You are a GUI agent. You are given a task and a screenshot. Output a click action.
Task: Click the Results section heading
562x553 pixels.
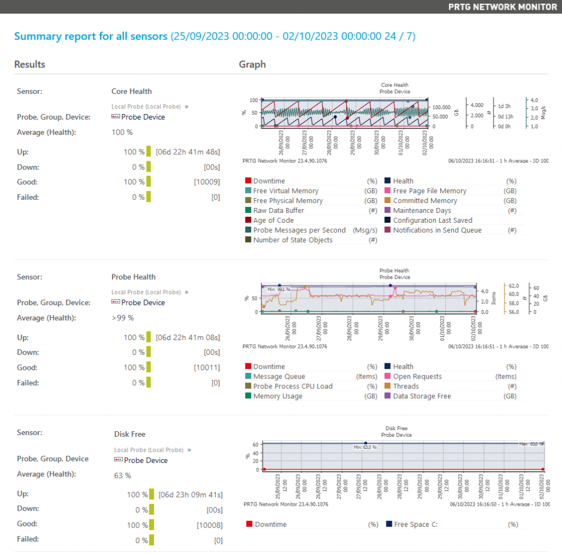coord(30,64)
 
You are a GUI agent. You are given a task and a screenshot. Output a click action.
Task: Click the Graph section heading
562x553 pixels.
coord(252,64)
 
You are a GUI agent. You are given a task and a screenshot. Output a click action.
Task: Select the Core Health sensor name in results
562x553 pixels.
coord(131,91)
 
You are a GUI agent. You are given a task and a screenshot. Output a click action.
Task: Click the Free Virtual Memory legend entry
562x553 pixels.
coord(285,191)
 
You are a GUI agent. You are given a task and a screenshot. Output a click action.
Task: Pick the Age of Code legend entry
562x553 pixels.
coord(273,221)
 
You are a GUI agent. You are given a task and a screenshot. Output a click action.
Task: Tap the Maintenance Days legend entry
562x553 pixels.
coord(421,211)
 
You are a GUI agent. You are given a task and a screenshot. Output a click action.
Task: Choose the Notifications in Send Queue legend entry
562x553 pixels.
coord(437,230)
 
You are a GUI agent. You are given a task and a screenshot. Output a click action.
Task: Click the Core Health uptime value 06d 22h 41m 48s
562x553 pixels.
coord(188,152)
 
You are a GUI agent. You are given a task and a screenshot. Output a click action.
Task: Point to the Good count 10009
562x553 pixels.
coord(207,182)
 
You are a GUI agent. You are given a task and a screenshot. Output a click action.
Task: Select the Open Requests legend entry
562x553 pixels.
coord(417,376)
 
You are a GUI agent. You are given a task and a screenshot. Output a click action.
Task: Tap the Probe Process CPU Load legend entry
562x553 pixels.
coord(293,386)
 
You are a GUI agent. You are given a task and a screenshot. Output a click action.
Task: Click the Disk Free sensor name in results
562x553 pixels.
coord(130,434)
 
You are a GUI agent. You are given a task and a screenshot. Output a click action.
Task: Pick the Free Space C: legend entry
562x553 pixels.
coord(415,524)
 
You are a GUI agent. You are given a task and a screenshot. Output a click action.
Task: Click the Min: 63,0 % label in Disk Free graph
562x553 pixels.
coord(364,447)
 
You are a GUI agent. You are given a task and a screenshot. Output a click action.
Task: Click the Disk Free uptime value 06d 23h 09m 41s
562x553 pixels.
coord(190,494)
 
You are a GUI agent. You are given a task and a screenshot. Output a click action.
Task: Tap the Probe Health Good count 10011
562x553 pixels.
coord(207,368)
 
